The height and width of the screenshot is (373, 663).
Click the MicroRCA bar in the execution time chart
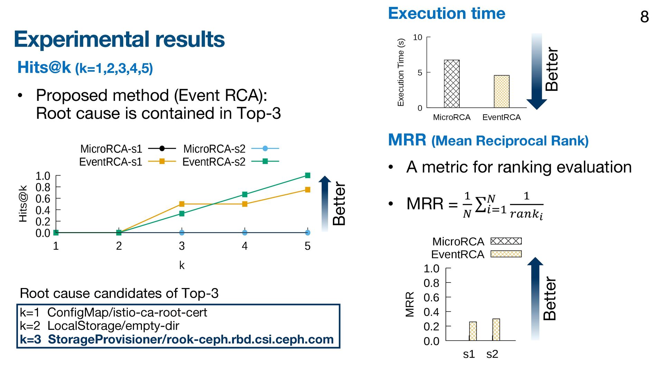451,84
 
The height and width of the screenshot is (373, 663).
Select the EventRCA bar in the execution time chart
501,92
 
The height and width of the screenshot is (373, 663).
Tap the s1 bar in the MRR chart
473,331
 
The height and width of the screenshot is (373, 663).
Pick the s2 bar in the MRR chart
496,329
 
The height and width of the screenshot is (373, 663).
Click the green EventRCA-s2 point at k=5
308,175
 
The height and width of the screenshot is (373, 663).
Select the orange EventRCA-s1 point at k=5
308,190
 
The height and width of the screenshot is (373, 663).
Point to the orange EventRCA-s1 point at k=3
182,204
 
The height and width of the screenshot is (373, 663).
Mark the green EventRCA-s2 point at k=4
245,194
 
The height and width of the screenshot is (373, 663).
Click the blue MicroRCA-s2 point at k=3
182,233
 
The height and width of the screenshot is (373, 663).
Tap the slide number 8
644,17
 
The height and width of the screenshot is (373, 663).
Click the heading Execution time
446,13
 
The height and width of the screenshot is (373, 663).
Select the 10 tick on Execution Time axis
417,37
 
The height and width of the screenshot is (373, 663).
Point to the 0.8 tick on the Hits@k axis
43,187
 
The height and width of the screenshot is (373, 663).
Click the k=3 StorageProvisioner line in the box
177,339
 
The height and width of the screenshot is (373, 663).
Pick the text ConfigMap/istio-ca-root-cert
127,312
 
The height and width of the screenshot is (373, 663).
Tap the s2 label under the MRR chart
492,354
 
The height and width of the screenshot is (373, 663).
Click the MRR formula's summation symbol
481,204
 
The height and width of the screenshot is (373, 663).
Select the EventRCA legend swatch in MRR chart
506,254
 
